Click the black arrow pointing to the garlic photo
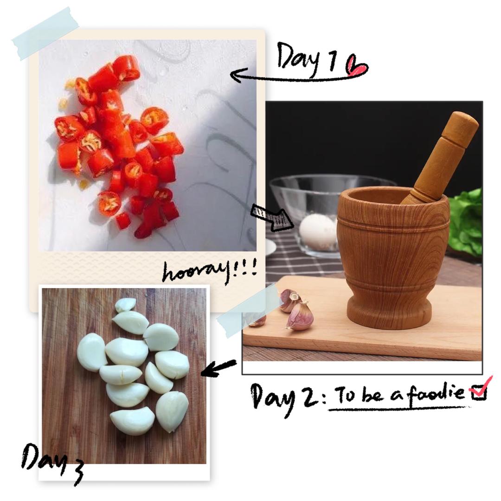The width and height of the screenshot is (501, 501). (x=218, y=367)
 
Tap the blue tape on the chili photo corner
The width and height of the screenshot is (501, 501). (x=45, y=33)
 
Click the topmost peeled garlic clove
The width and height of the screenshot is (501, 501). (x=126, y=304)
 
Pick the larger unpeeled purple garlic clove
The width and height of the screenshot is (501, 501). (x=300, y=316)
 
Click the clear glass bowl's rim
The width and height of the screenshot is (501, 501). (x=332, y=178)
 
